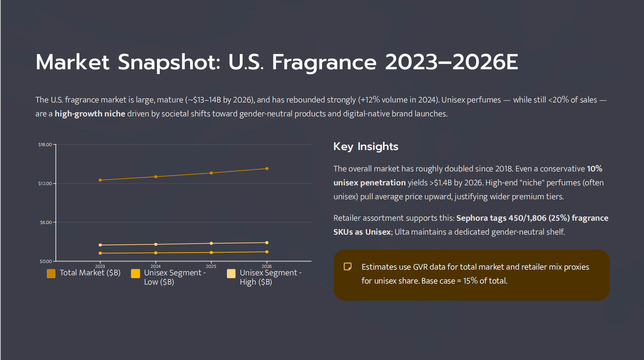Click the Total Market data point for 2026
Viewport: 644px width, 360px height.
267,169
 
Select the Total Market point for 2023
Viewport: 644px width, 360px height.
100,180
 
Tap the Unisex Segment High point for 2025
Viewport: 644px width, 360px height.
211,243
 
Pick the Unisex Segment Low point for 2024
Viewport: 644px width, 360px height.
155,253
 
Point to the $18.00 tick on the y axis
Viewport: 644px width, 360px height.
45,145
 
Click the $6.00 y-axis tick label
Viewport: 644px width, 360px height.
46,222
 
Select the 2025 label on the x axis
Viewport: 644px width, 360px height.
211,266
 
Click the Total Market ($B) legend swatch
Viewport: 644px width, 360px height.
51,274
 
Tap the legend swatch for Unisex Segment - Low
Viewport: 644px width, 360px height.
135,274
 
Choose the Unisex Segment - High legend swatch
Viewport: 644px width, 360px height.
231,274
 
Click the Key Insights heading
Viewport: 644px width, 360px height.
366,146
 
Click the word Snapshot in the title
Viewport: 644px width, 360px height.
169,62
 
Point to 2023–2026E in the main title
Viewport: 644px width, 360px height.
451,62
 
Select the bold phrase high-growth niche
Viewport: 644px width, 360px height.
90,114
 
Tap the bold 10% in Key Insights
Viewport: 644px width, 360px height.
594,169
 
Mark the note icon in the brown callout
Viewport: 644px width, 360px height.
347,266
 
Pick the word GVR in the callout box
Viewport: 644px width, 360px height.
420,267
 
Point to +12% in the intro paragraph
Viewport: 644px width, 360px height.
370,100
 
